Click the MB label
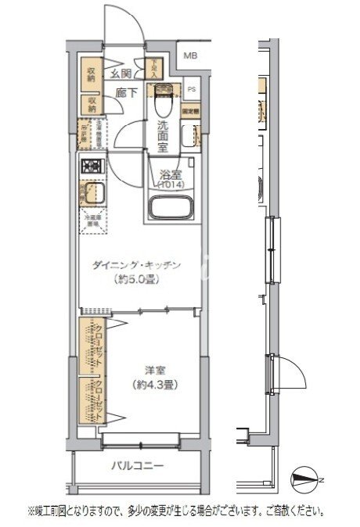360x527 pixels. click(190, 56)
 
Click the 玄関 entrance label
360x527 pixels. click(121, 73)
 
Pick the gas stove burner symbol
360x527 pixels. click(92, 167)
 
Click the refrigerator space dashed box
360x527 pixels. click(93, 222)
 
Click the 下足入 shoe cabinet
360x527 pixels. click(156, 69)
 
